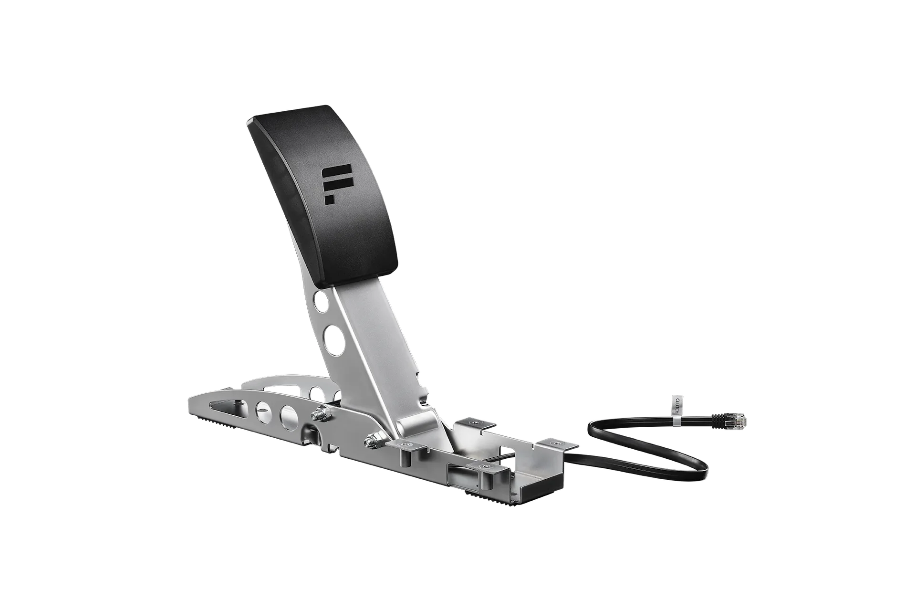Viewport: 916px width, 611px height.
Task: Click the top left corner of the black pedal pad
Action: (x=249, y=121)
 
